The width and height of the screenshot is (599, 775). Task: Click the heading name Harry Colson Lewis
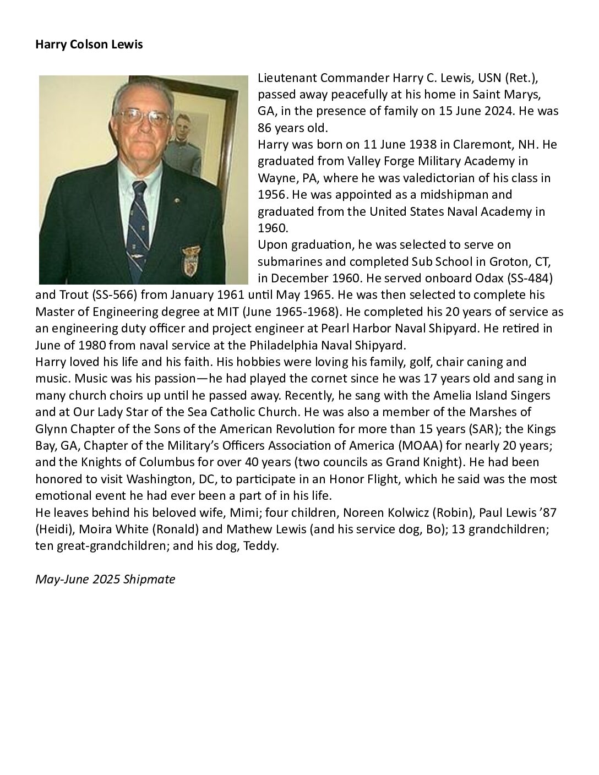click(89, 45)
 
